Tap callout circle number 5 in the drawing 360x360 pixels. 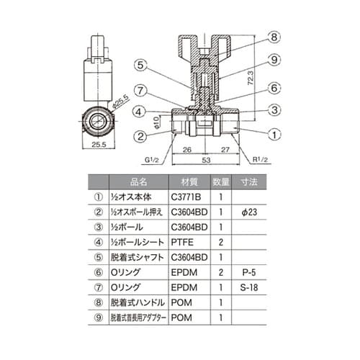click(141, 64)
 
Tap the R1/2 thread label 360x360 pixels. click(259, 160)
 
